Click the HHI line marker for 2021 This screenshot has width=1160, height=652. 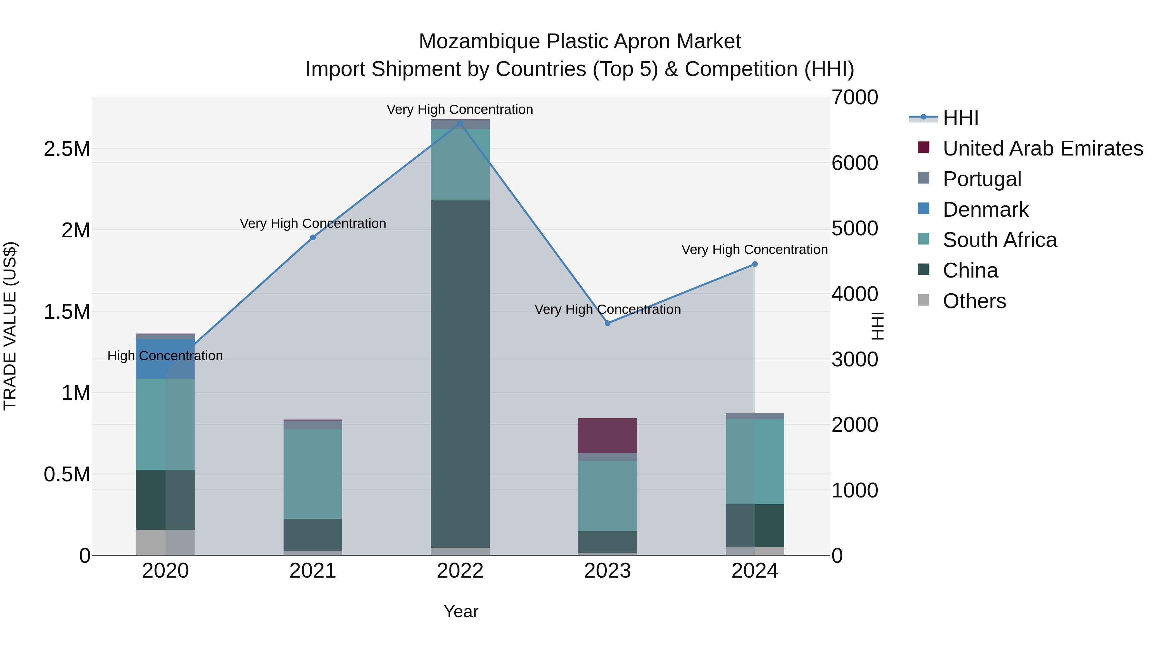click(x=313, y=238)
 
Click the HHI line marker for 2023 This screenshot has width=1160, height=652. click(x=607, y=323)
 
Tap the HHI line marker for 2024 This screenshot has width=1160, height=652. click(x=755, y=264)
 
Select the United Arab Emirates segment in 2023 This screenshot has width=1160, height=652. click(x=607, y=436)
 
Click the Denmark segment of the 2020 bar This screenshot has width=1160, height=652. click(x=165, y=359)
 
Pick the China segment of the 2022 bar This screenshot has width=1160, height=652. click(x=460, y=373)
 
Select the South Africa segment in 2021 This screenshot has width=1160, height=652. click(x=313, y=474)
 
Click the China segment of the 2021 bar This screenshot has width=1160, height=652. click(x=313, y=534)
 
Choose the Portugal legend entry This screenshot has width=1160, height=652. click(x=982, y=179)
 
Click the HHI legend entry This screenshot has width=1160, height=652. click(x=960, y=118)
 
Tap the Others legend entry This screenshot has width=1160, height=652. click(x=974, y=301)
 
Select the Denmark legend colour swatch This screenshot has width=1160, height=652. click(x=923, y=209)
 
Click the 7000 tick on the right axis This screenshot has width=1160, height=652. click(x=854, y=98)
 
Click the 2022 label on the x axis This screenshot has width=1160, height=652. click(x=460, y=571)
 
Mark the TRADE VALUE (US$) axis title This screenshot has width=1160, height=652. click(x=10, y=326)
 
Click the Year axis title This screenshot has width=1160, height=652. click(x=461, y=611)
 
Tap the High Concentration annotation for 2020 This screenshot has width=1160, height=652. click(x=165, y=356)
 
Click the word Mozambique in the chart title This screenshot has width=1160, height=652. click(x=479, y=42)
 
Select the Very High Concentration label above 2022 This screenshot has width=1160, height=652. click(x=460, y=110)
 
